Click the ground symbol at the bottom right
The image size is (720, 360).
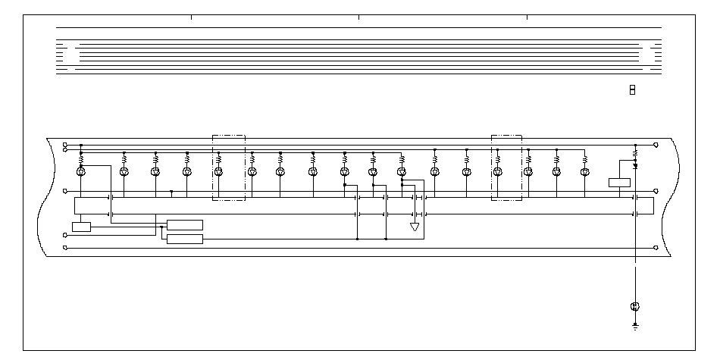pyautogui.click(x=635, y=327)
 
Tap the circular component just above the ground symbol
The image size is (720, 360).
pyautogui.click(x=635, y=306)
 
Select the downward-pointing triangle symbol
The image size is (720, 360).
pyautogui.click(x=415, y=227)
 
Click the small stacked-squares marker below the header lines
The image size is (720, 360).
pyautogui.click(x=632, y=90)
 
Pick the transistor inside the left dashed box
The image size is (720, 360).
pyautogui.click(x=218, y=172)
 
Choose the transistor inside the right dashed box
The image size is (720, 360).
pyautogui.click(x=497, y=172)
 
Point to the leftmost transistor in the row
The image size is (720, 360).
pyautogui.click(x=81, y=172)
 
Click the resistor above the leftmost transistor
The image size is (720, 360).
pyautogui.click(x=81, y=160)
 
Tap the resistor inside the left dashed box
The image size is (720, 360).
pyautogui.click(x=218, y=160)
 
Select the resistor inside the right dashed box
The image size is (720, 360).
pyautogui.click(x=497, y=160)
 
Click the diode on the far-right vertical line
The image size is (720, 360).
pyautogui.click(x=635, y=164)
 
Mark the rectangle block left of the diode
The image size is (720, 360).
pyautogui.click(x=619, y=182)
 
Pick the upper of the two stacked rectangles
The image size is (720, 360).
pyautogui.click(x=184, y=224)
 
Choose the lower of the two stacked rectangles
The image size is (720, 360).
pyautogui.click(x=184, y=239)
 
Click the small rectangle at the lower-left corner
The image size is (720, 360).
pyautogui.click(x=81, y=227)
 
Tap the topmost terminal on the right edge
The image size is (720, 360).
pyautogui.click(x=656, y=144)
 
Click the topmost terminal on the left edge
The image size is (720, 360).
pyautogui.click(x=65, y=144)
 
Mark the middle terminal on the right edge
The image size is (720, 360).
pyautogui.click(x=656, y=193)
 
